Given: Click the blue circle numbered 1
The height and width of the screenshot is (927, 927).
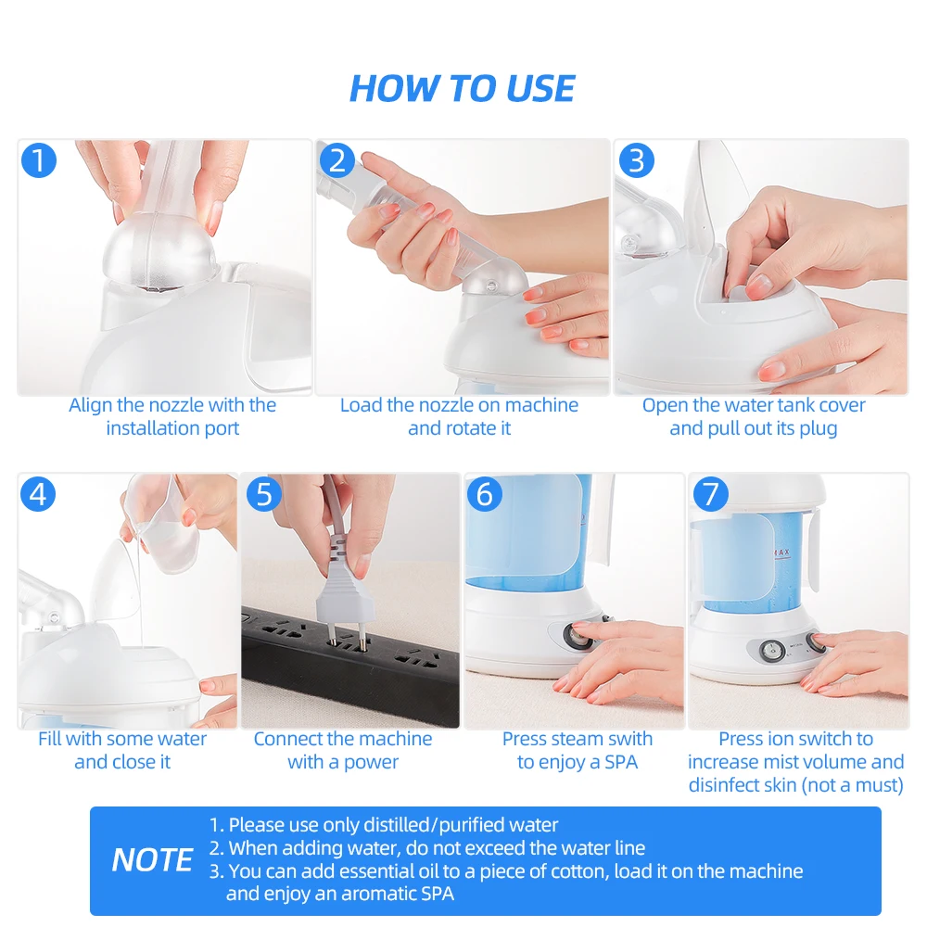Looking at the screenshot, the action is pos(39,160).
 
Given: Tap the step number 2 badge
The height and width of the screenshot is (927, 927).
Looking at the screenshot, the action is pos(337,160).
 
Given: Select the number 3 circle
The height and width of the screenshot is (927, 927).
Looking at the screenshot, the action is pos(636,160).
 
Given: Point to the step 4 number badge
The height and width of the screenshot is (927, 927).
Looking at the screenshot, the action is pos(38,494).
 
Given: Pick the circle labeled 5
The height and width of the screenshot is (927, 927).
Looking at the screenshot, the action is pos(263,494).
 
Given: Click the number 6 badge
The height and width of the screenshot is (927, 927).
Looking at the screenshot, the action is pos(484,494).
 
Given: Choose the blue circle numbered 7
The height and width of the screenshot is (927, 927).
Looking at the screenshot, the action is pos(710,494).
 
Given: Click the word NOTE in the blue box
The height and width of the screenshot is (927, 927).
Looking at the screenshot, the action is pos(152,859).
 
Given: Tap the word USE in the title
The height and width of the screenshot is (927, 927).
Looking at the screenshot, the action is pos(540,89).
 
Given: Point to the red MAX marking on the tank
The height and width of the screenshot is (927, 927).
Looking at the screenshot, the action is pos(781,552).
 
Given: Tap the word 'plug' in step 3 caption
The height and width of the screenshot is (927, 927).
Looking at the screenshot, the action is pos(819,428).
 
